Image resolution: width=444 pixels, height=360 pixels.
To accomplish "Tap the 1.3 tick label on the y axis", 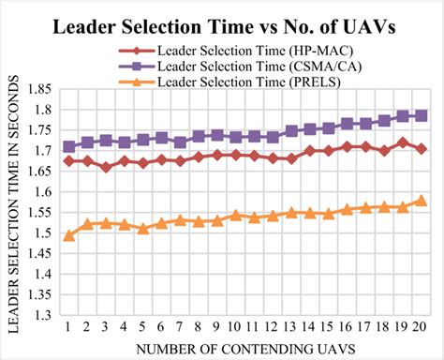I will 41,316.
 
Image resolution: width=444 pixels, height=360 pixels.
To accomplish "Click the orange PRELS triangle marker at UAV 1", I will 68,235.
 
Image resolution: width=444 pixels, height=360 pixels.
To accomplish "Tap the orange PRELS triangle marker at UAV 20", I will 421,200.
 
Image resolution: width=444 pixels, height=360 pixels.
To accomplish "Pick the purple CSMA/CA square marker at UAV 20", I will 421,115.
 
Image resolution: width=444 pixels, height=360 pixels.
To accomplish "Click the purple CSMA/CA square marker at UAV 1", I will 68,147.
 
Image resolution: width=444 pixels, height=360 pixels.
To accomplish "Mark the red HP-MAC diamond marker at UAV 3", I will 106,167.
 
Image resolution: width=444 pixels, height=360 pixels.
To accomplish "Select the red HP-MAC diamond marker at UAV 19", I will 402,142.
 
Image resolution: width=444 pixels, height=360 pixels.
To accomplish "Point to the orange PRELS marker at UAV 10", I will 235,215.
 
